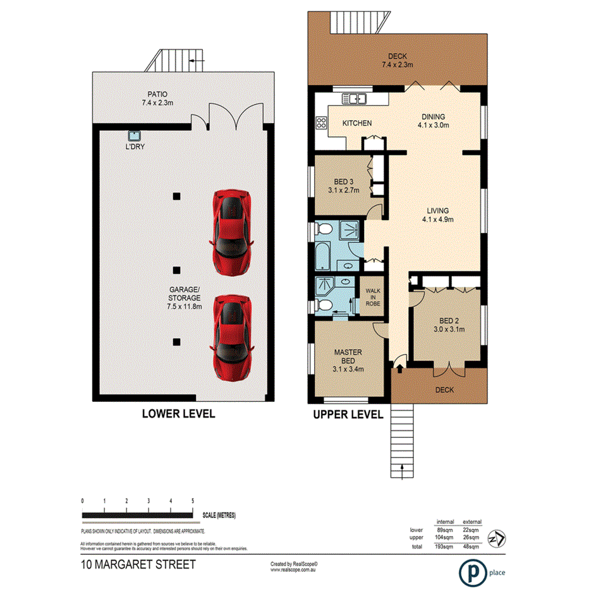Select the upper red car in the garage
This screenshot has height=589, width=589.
point(232,231)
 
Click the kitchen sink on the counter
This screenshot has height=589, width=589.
point(355,99)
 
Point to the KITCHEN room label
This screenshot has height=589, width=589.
point(357,123)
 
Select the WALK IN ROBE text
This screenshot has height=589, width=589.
point(372,295)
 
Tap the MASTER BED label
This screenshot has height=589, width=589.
point(348,356)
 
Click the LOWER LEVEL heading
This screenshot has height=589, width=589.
point(178,415)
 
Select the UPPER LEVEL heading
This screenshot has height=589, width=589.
point(348,415)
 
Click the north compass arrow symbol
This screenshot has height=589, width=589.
point(498,538)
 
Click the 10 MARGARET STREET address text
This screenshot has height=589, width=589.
point(138,564)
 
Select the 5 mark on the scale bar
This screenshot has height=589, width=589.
point(192,501)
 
